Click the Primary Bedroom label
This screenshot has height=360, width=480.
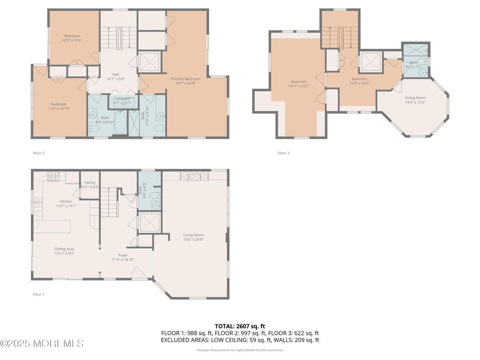tap(185, 79)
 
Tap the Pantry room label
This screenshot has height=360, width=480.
tap(90, 183)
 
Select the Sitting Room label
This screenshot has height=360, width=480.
tap(415, 98)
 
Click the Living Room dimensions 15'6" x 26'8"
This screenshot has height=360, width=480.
tap(193, 239)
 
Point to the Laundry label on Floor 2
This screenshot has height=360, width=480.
tap(122, 99)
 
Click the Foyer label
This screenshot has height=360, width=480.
tap(123, 255)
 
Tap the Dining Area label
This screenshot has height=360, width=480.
tap(64, 249)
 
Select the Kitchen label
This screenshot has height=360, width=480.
tap(66, 201)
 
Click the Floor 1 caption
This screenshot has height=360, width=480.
tap(39, 295)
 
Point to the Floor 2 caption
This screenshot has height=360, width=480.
tap(39, 153)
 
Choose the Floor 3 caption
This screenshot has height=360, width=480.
tap(283, 153)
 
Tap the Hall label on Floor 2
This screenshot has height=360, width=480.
tap(116, 74)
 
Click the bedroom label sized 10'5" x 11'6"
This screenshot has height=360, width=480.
tap(72, 36)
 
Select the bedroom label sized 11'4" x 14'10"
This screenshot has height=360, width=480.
tap(59, 104)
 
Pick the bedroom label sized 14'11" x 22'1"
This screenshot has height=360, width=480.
tap(299, 82)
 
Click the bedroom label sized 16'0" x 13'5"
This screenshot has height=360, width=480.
tap(359, 79)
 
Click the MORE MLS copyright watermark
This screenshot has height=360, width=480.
tap(42, 344)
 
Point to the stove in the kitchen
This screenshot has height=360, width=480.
tap(54, 177)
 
